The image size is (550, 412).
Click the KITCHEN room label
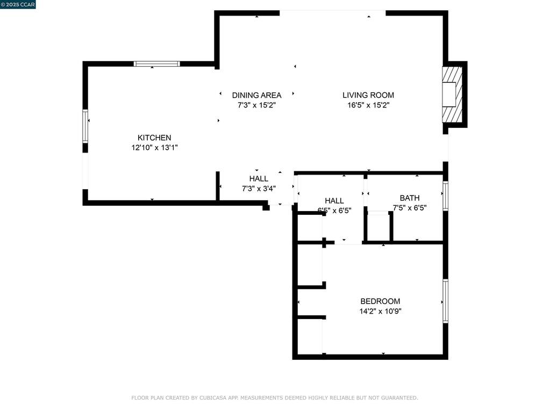[154, 138]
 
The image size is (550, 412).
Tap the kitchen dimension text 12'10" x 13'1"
[154, 147]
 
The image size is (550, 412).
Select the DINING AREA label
[256, 95]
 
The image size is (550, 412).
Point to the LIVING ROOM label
[368, 95]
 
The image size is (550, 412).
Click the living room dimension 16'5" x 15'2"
[368, 105]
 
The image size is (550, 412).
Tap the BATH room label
[409, 198]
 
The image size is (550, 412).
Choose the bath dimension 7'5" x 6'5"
[409, 208]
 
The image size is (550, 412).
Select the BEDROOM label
[380, 301]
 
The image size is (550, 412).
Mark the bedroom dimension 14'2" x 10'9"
[380, 311]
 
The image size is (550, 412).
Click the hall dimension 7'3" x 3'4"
[259, 189]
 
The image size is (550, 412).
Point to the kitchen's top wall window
[156, 63]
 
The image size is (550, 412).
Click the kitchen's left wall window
[85, 126]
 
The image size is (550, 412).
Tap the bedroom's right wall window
[445, 301]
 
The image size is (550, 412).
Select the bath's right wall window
[445, 196]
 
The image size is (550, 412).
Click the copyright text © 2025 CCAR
[18, 4]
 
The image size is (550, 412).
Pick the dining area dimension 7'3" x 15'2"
[256, 105]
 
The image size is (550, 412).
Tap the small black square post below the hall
[266, 207]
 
